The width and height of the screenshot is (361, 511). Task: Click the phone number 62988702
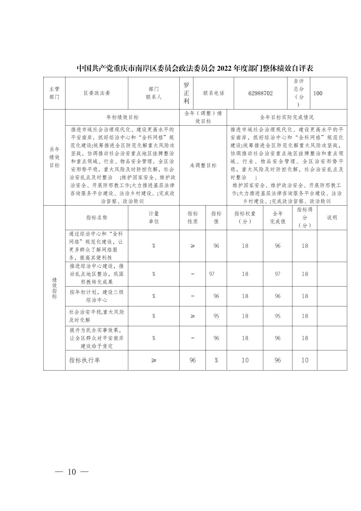(260, 93)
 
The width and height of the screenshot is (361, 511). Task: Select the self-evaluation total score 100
(318, 93)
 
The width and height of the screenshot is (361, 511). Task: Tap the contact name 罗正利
(186, 93)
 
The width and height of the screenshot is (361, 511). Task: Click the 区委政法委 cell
(97, 93)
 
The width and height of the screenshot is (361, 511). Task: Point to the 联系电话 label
(213, 93)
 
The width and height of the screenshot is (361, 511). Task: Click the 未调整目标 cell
(203, 165)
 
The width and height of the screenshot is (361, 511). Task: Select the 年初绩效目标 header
(122, 117)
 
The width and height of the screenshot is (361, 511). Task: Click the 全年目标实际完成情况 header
(287, 117)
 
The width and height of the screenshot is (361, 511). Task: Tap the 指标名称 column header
(97, 217)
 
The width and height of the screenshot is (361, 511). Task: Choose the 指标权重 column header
(245, 217)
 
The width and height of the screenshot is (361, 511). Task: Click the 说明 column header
(332, 217)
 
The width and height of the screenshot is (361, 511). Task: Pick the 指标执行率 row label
(85, 360)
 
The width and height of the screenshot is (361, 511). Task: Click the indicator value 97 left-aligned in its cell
(212, 274)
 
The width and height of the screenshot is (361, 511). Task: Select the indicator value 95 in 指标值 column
(216, 316)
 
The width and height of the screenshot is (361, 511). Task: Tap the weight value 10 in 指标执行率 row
(245, 360)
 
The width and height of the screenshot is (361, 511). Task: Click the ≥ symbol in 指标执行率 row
(153, 360)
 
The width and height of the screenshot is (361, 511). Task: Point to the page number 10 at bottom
(72, 472)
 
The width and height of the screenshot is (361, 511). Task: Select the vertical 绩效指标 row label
(54, 288)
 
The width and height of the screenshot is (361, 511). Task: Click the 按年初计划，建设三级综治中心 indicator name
(97, 296)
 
